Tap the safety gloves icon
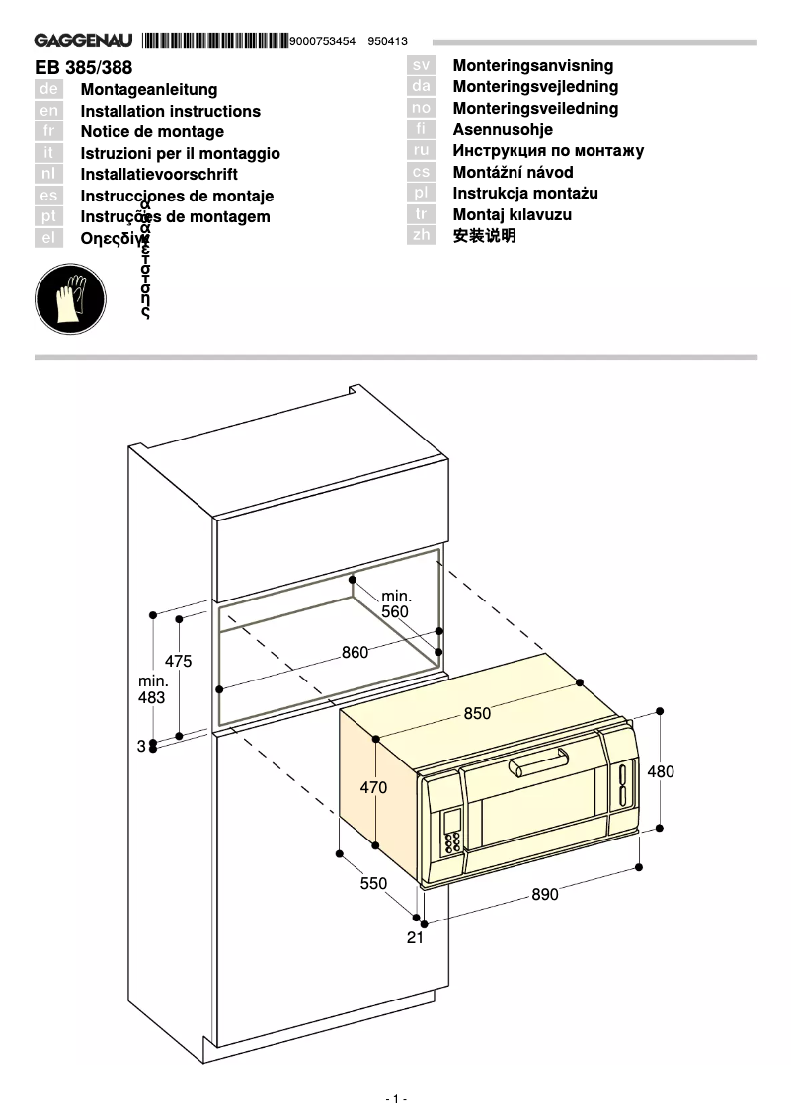point(70,297)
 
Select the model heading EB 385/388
point(83,68)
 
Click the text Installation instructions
point(170,111)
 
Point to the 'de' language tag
point(49,90)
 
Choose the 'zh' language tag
point(421,236)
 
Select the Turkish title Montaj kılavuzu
point(512,214)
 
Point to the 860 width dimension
point(355,652)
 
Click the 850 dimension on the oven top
point(477,714)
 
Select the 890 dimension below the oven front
point(544,894)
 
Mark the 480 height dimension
point(661,771)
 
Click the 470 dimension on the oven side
point(373,788)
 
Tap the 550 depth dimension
point(373,884)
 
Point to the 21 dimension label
point(415,937)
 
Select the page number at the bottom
point(395,1099)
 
